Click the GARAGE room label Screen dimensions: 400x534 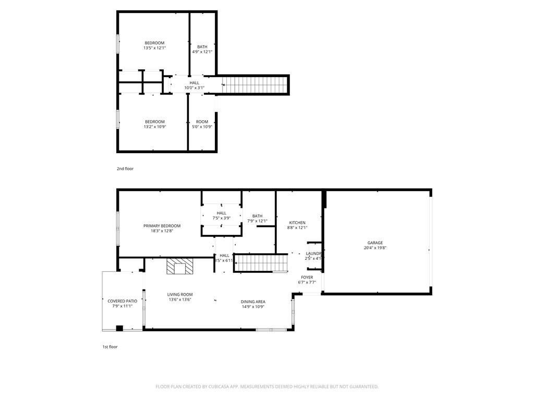375,243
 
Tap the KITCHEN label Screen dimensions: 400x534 297,222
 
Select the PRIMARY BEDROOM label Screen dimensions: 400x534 162,226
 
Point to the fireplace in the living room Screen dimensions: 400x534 179,267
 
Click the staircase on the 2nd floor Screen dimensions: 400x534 255,84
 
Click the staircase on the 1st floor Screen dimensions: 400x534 261,262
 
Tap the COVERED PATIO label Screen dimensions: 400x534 123,301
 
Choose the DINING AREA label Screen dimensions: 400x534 253,302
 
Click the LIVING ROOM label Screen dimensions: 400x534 180,294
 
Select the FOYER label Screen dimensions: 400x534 307,277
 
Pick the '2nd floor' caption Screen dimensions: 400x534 125,169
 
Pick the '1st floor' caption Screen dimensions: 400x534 110,346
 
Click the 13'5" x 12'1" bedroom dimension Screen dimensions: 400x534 154,48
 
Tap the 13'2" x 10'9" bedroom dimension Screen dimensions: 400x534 154,127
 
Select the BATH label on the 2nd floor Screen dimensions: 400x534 202,47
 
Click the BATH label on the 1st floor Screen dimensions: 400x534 257,216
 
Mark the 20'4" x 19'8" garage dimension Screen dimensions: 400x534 375,248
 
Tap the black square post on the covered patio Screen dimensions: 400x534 119,328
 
